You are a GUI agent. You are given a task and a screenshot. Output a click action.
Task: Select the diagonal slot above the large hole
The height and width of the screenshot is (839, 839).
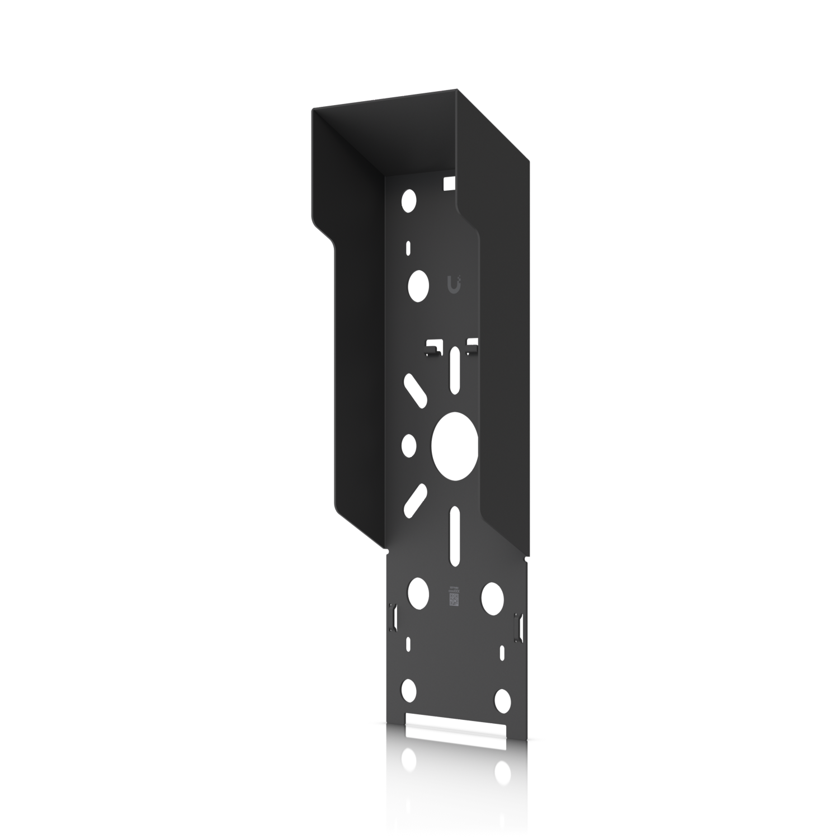pos(414,390)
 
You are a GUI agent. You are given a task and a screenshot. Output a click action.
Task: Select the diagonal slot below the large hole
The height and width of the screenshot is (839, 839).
pos(414,500)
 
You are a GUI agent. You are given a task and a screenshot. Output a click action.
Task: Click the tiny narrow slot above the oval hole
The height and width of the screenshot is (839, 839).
pos(408,248)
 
